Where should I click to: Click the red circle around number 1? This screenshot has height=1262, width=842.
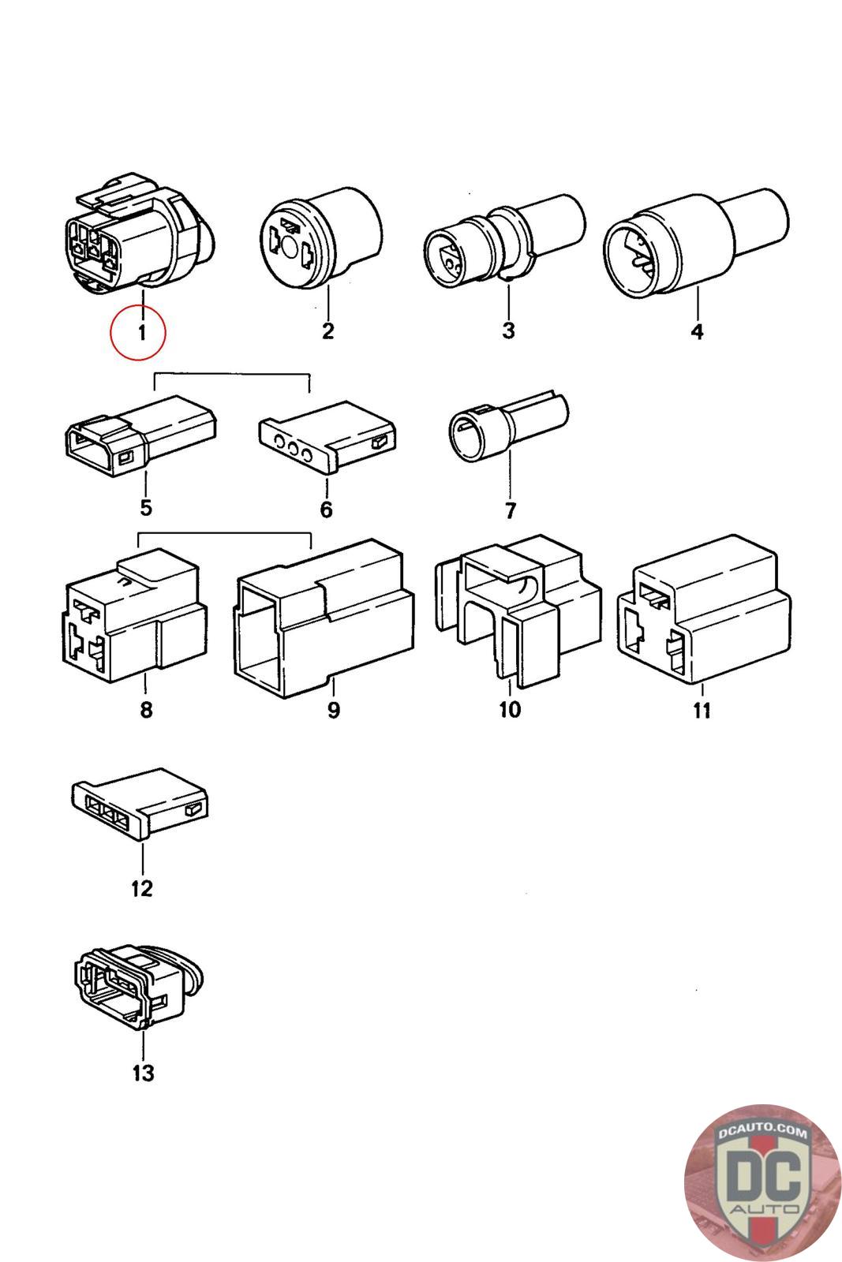(138, 332)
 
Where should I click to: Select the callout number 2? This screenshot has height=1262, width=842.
(327, 330)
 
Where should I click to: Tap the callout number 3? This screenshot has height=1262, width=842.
(508, 330)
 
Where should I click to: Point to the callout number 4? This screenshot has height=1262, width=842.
(697, 331)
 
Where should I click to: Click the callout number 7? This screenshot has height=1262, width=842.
(510, 510)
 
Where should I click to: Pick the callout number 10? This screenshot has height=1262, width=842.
(510, 709)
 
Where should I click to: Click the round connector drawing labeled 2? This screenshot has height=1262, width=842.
(321, 237)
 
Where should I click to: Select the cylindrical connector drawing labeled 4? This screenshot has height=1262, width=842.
(696, 243)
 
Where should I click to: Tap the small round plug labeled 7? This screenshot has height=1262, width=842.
(508, 425)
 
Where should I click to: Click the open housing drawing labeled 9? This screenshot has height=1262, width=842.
(324, 618)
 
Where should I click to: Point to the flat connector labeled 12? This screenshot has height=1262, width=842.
(140, 803)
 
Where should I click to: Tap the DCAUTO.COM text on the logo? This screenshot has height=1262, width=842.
(762, 1132)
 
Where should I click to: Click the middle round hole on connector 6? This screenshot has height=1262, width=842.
(293, 449)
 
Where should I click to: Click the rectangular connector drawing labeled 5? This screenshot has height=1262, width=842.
(141, 435)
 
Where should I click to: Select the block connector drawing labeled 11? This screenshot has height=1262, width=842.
(705, 610)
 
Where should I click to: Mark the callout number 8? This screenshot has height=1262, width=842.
(146, 709)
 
